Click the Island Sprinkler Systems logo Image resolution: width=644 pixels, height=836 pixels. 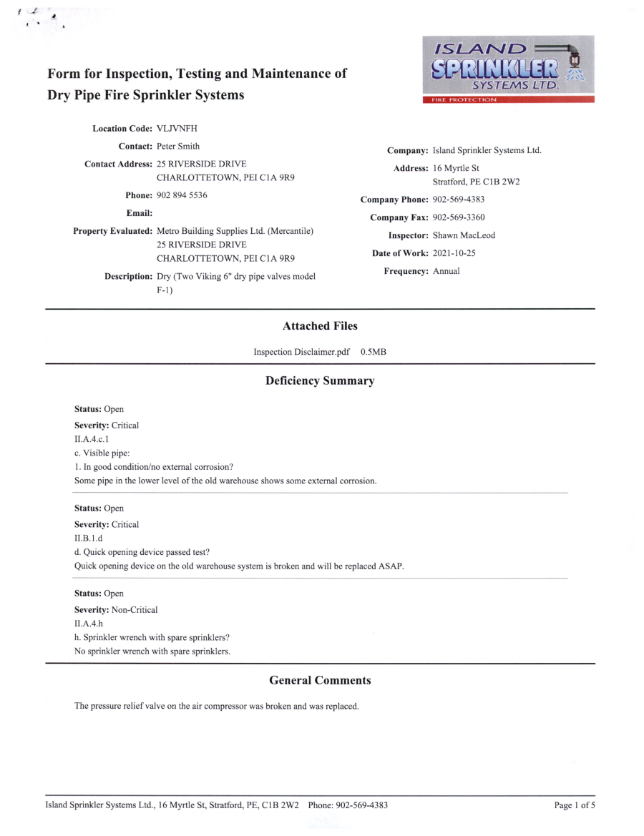[508, 69]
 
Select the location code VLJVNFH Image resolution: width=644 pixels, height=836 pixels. [177, 129]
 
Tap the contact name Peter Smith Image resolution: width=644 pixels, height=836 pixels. [178, 147]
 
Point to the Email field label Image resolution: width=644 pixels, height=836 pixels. [140, 213]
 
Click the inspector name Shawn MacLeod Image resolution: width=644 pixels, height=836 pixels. [464, 235]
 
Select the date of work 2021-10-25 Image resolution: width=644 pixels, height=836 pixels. [454, 253]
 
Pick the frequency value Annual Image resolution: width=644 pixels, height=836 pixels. [447, 271]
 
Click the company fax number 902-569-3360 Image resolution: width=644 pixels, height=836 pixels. [459, 217]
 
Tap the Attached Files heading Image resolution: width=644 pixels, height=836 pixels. [320, 326]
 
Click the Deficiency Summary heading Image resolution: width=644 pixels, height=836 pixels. [320, 381]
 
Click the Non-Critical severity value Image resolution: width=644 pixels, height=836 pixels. [135, 610]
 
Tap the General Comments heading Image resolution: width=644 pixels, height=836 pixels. [320, 681]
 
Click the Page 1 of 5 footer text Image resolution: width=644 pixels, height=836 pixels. [575, 805]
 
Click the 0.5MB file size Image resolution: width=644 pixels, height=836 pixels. [374, 352]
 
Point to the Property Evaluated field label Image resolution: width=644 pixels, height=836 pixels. [112, 231]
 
